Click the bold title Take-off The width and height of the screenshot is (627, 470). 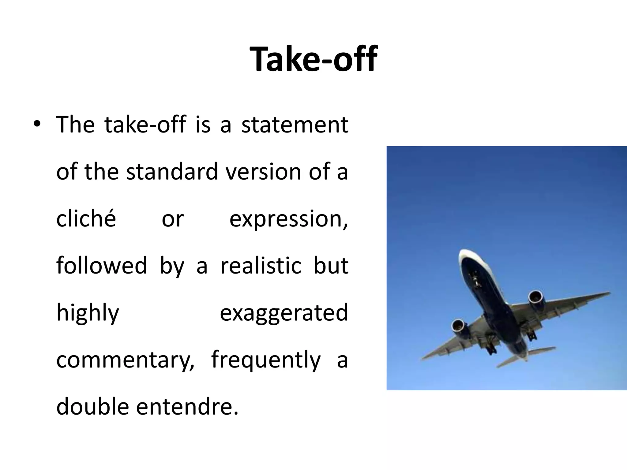pos(313,59)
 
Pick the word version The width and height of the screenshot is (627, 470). pos(264,172)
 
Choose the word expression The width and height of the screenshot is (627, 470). pos(288,219)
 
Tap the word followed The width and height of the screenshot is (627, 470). pos(102,265)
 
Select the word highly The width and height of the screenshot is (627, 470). pos(88,313)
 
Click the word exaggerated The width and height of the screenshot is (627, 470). pos(284,313)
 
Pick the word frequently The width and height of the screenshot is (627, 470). pos(266,360)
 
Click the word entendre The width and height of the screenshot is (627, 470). pos(187,407)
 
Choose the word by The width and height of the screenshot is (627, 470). pos(172,266)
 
